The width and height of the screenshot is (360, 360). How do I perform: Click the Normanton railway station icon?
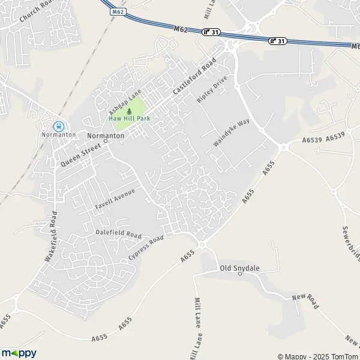click(x=59, y=127)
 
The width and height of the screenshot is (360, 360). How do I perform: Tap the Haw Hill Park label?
click(x=129, y=118)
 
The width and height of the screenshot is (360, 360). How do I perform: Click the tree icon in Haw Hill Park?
click(x=130, y=110)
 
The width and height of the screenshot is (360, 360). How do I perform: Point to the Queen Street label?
click(x=80, y=155)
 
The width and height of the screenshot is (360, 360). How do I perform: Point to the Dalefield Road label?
click(x=118, y=233)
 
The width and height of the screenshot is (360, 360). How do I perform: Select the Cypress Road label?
click(x=146, y=247)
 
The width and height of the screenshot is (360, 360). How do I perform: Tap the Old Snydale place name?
click(x=239, y=267)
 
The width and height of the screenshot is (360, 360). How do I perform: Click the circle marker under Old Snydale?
click(x=239, y=274)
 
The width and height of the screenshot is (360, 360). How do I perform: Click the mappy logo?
click(x=19, y=352)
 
